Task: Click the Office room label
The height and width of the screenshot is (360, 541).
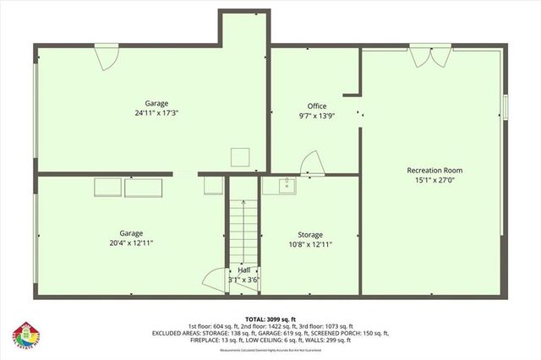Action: tap(317, 106)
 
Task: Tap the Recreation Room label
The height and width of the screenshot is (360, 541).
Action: tap(434, 170)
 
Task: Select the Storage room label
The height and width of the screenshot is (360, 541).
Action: tap(310, 234)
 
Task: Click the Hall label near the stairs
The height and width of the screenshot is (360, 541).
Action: tap(243, 270)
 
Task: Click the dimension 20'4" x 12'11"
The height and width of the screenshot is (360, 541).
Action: tap(131, 243)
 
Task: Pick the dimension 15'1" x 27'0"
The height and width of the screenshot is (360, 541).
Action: tap(434, 179)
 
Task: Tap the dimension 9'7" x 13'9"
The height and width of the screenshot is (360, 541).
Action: tap(317, 115)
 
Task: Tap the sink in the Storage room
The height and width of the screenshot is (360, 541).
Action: tap(286, 185)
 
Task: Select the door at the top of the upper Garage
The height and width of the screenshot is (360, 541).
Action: tap(106, 57)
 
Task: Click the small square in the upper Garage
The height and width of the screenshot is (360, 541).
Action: tap(241, 155)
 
